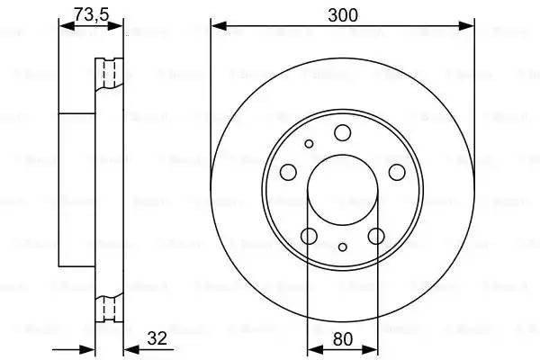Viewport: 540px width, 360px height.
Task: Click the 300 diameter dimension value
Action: coord(343,14)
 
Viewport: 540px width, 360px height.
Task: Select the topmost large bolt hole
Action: coord(342,134)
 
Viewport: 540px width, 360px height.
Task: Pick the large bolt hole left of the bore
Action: coord(288,173)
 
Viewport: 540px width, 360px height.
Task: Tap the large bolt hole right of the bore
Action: coord(397,173)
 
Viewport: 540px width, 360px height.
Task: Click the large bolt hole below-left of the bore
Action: coord(309,237)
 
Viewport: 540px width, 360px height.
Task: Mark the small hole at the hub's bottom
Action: coord(343,247)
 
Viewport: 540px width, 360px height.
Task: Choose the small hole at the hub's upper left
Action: coord(309,143)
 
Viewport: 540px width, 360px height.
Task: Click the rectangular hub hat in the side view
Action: coord(76,190)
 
